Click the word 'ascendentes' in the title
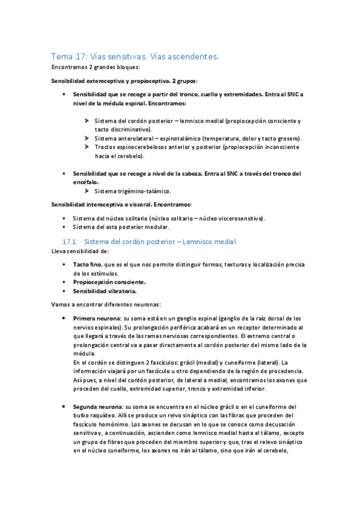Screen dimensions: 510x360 coord(193,56)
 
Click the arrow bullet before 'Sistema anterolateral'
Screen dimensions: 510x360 coord(88,138)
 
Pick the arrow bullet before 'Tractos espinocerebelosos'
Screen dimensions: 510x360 coord(88,147)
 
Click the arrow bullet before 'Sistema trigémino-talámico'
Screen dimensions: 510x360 coord(88,191)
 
